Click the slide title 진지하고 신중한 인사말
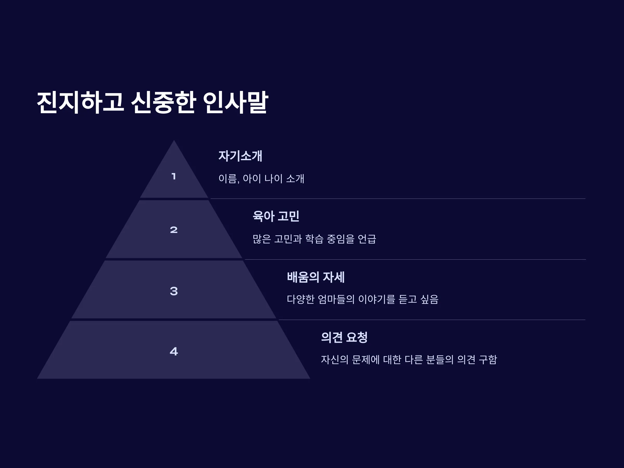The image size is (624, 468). (152, 102)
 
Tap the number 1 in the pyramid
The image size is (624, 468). (174, 176)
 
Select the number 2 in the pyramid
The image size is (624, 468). (174, 230)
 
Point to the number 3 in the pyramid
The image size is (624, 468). (174, 291)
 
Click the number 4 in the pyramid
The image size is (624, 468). (174, 351)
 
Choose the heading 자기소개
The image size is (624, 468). (240, 156)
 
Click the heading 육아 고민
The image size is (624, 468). (276, 216)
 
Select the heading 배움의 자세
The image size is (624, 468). (316, 277)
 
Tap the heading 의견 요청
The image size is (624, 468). (344, 337)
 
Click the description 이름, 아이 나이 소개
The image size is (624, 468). (261, 179)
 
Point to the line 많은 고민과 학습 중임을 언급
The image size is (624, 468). (314, 239)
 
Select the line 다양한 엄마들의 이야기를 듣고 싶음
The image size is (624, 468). (362, 299)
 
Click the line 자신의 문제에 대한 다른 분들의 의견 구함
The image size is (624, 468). (409, 360)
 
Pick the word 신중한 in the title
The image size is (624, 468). (164, 102)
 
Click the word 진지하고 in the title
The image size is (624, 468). (80, 102)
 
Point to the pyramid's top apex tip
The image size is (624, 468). (174, 140)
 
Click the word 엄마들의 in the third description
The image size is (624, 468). (336, 299)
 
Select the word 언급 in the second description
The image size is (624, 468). (367, 239)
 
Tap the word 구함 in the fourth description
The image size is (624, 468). (488, 360)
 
